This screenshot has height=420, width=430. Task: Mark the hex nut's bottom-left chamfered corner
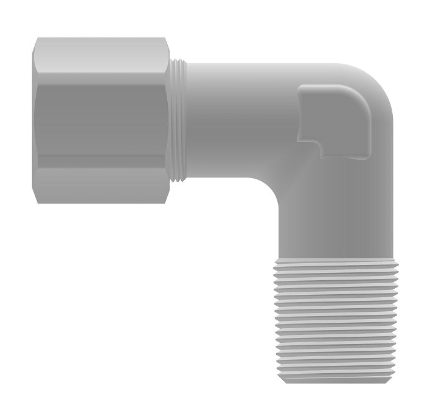point(37,198)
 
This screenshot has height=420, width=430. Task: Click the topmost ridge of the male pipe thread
point(335,263)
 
